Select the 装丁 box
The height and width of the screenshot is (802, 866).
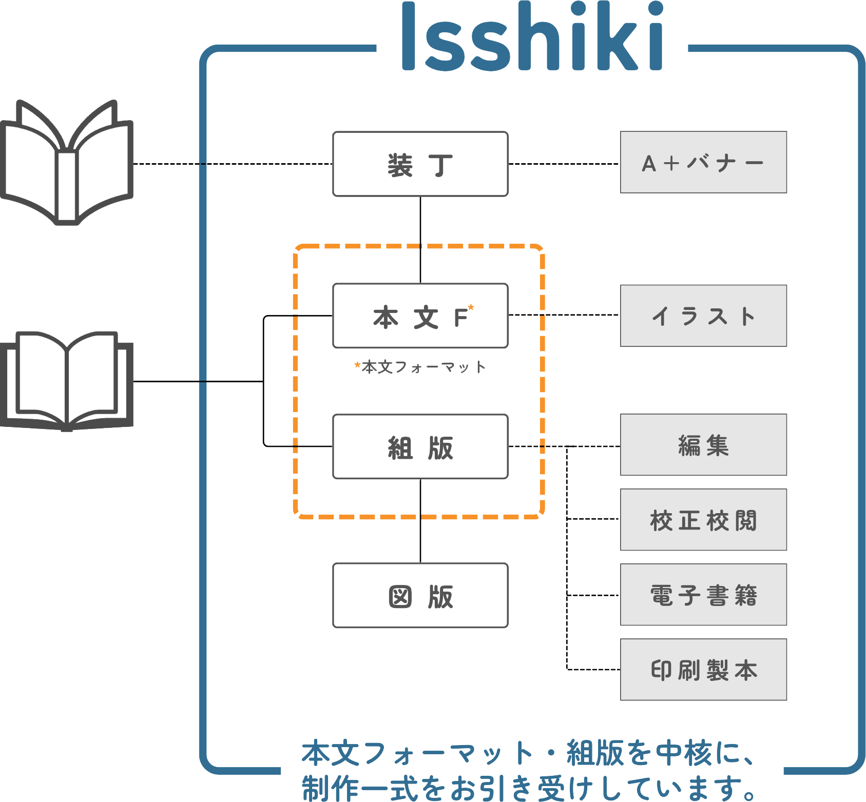click(x=420, y=164)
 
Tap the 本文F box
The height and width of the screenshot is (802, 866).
click(x=420, y=316)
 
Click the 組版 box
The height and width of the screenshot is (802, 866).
click(x=420, y=446)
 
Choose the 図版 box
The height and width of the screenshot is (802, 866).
click(x=420, y=595)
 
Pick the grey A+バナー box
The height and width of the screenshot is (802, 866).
click(x=703, y=162)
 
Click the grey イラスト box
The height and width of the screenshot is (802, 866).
click(x=703, y=316)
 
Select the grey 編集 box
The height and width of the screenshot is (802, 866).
click(x=703, y=445)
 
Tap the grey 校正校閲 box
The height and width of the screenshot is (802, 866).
click(x=703, y=520)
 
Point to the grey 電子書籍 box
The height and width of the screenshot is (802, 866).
click(x=703, y=595)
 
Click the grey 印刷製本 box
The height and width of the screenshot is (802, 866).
click(x=703, y=670)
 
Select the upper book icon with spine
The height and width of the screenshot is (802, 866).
click(x=67, y=163)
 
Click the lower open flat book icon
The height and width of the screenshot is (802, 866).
click(x=67, y=381)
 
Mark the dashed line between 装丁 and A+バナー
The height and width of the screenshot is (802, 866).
click(x=564, y=164)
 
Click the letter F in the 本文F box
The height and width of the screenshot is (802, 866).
click(x=460, y=318)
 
